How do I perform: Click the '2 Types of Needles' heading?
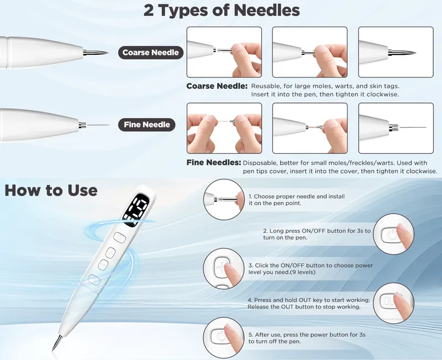(222, 10)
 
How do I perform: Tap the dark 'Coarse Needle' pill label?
(150, 53)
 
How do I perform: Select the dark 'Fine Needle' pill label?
(146, 124)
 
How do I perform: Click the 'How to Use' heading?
(51, 190)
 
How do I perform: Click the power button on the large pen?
(119, 238)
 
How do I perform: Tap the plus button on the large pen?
(111, 253)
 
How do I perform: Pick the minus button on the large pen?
(103, 265)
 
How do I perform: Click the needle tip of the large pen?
(52, 350)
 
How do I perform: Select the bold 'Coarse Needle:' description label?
(217, 86)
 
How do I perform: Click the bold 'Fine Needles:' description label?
(214, 163)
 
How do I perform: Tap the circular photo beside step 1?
(224, 200)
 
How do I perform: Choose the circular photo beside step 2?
(393, 234)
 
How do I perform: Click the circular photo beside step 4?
(393, 303)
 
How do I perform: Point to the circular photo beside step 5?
(224, 338)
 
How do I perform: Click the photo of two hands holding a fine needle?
(224, 128)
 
